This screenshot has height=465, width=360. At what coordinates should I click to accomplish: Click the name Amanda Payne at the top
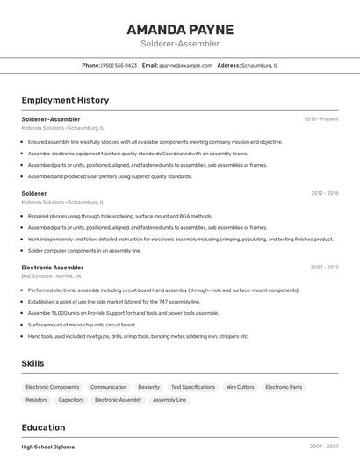pyautogui.click(x=180, y=29)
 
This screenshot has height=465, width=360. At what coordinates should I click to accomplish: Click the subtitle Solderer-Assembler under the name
pyautogui.click(x=180, y=44)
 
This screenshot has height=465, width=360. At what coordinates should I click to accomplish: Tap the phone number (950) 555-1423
pyautogui.click(x=119, y=65)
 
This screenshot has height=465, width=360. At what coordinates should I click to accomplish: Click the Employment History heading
pyautogui.click(x=65, y=100)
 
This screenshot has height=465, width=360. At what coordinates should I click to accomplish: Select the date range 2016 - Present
pyautogui.click(x=320, y=118)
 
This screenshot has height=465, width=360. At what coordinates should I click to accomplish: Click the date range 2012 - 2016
pyautogui.click(x=324, y=193)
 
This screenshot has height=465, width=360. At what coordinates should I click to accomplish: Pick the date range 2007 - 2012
pyautogui.click(x=324, y=267)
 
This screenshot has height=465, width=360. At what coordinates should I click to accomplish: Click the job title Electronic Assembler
pyautogui.click(x=53, y=267)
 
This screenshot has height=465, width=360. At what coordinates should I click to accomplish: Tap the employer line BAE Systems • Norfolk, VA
pyautogui.click(x=51, y=276)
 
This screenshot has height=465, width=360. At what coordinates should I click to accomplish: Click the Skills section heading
pyautogui.click(x=33, y=363)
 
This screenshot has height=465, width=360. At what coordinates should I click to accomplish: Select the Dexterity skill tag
pyautogui.click(x=149, y=387)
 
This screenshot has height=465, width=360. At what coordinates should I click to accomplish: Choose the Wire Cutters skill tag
pyautogui.click(x=240, y=387)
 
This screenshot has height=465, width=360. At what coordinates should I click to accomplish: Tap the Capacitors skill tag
pyautogui.click(x=71, y=400)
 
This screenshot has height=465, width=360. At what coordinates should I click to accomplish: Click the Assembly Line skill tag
pyautogui.click(x=169, y=400)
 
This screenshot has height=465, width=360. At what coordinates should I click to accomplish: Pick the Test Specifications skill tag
pyautogui.click(x=192, y=387)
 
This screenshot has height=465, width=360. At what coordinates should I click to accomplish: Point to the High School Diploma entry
pyautogui.click(x=48, y=447)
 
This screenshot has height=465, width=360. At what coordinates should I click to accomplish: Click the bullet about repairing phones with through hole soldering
pyautogui.click(x=120, y=216)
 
